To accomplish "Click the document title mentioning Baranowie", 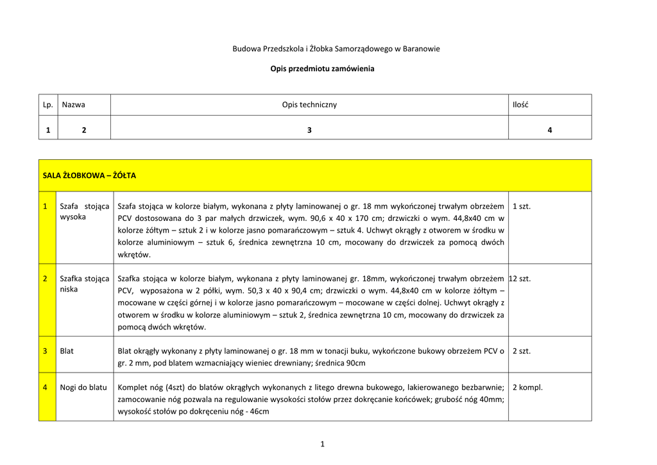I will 336,49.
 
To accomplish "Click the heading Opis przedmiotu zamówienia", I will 322,68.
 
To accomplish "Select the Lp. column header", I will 47,105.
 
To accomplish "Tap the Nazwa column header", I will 73,105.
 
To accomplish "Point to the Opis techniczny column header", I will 309,105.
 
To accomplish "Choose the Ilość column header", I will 520,105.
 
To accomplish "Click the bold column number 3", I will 309,130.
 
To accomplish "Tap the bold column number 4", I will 549,130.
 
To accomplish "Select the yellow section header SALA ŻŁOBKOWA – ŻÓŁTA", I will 89,175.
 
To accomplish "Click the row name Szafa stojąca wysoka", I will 84,211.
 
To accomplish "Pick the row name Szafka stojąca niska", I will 84,284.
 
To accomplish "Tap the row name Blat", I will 67,351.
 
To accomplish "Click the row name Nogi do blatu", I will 83,387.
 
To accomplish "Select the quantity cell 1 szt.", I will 522,206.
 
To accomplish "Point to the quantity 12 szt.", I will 520,279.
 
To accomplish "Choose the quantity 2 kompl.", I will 527,387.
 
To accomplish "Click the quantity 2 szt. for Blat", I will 522,351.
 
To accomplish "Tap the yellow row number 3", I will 45,351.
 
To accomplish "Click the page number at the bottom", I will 322,444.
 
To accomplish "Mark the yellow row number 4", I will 45,387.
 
